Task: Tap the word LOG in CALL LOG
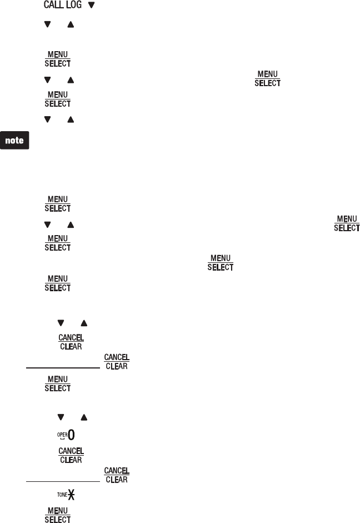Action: pos(73,6)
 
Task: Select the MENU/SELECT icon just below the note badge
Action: pos(58,203)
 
